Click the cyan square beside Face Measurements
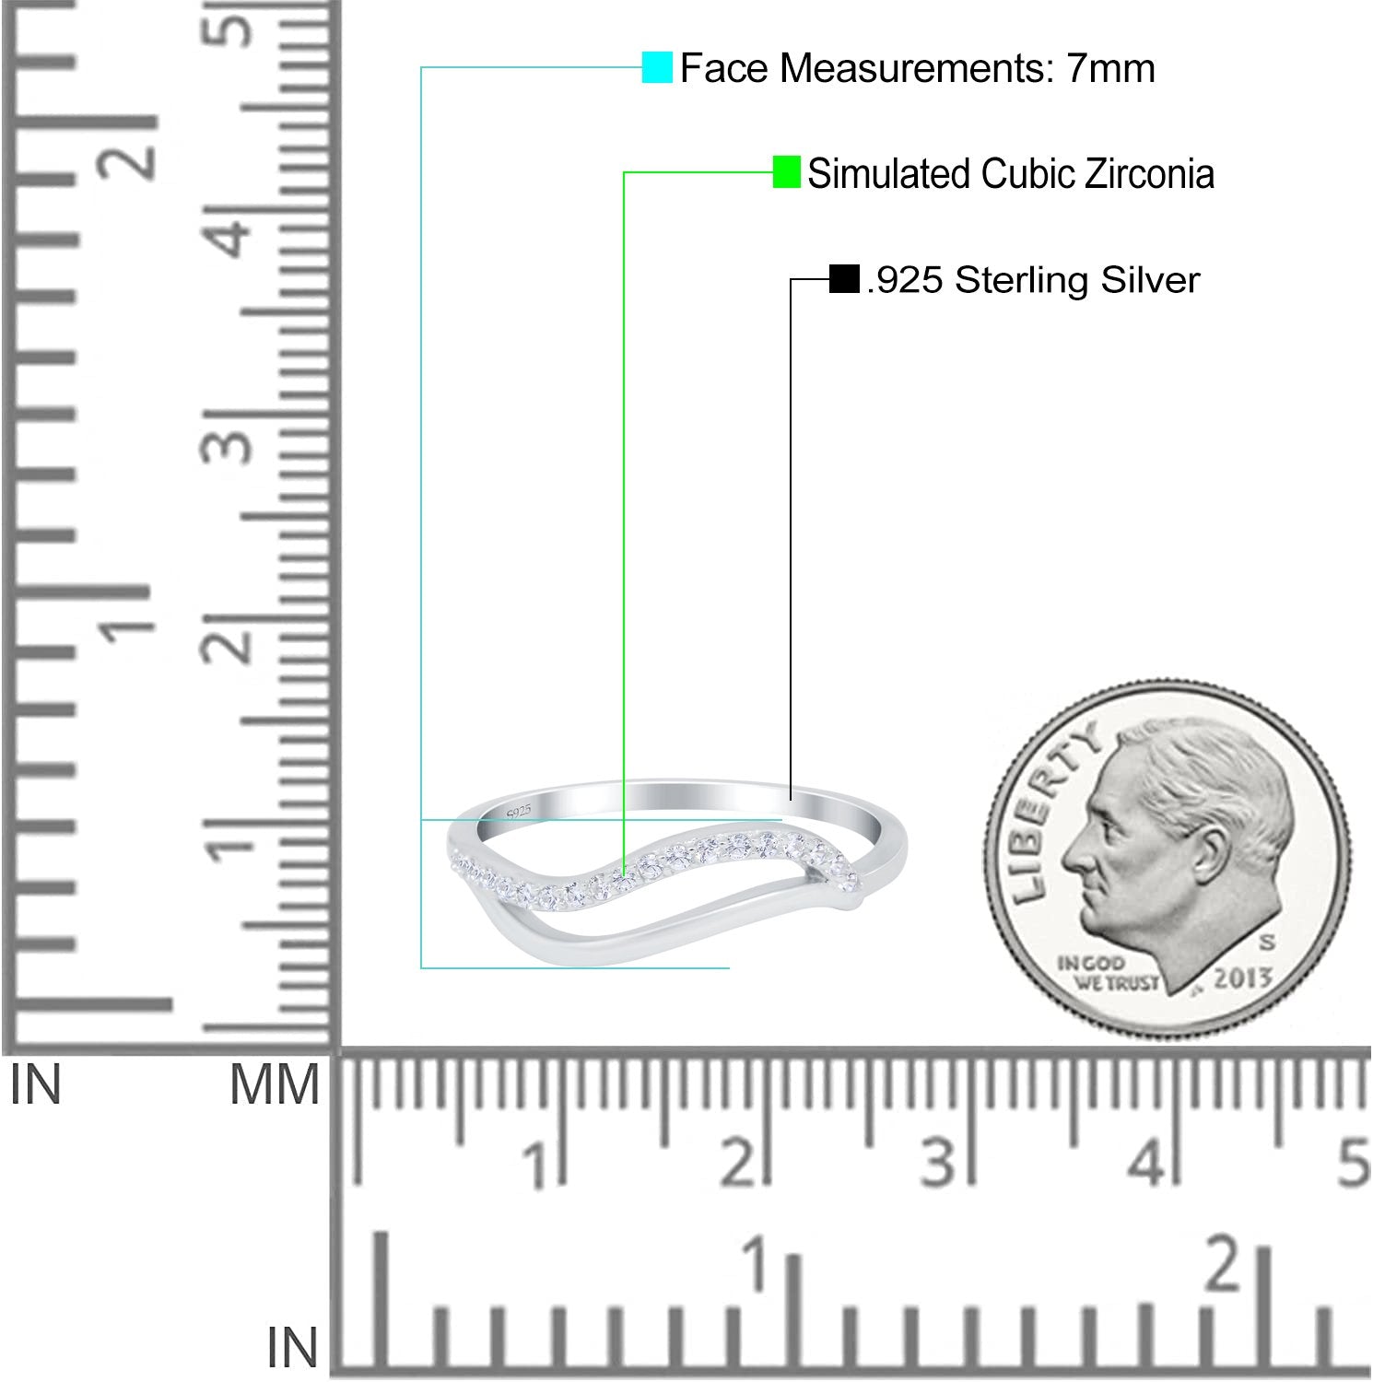[x=657, y=67]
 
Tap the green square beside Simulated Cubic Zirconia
[x=786, y=172]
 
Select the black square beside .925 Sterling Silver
[x=843, y=278]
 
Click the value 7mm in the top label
[x=1110, y=68]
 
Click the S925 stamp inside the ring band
[x=519, y=811]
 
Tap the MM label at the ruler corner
[x=274, y=1085]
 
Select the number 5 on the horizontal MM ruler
[x=1352, y=1163]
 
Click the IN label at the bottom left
[x=292, y=1349]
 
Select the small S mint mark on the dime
[x=1266, y=942]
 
